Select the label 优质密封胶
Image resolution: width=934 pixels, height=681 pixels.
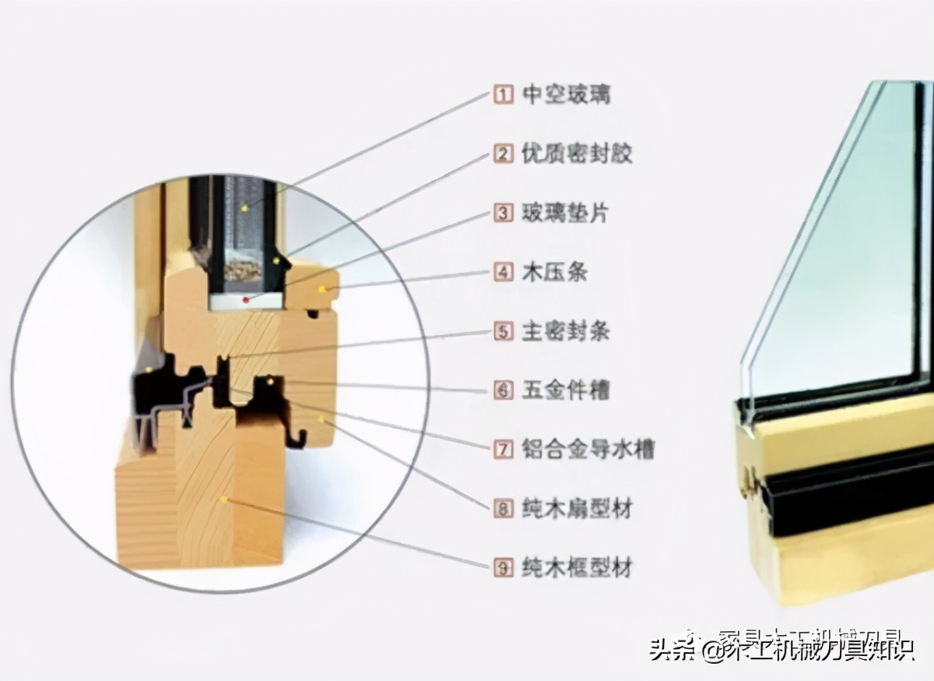tap(577, 153)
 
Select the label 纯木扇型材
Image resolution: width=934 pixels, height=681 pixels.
tap(577, 509)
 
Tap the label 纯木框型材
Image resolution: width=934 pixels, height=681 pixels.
tap(577, 567)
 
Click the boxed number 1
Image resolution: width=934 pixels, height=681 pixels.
tap(504, 95)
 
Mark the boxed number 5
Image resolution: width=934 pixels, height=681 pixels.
tap(504, 332)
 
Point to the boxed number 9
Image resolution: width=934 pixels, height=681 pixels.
tap(504, 567)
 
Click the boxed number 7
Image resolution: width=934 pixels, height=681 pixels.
tap(504, 449)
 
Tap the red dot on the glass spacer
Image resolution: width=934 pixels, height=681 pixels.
tap(247, 298)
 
